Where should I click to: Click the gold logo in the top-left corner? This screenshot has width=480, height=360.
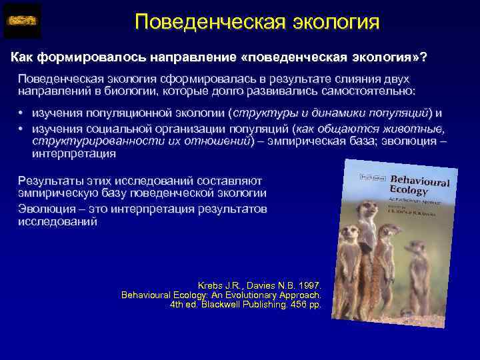[x=22, y=21]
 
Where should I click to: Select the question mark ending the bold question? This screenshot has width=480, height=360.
[x=424, y=58]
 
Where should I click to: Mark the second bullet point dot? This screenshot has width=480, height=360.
[x=21, y=129]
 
